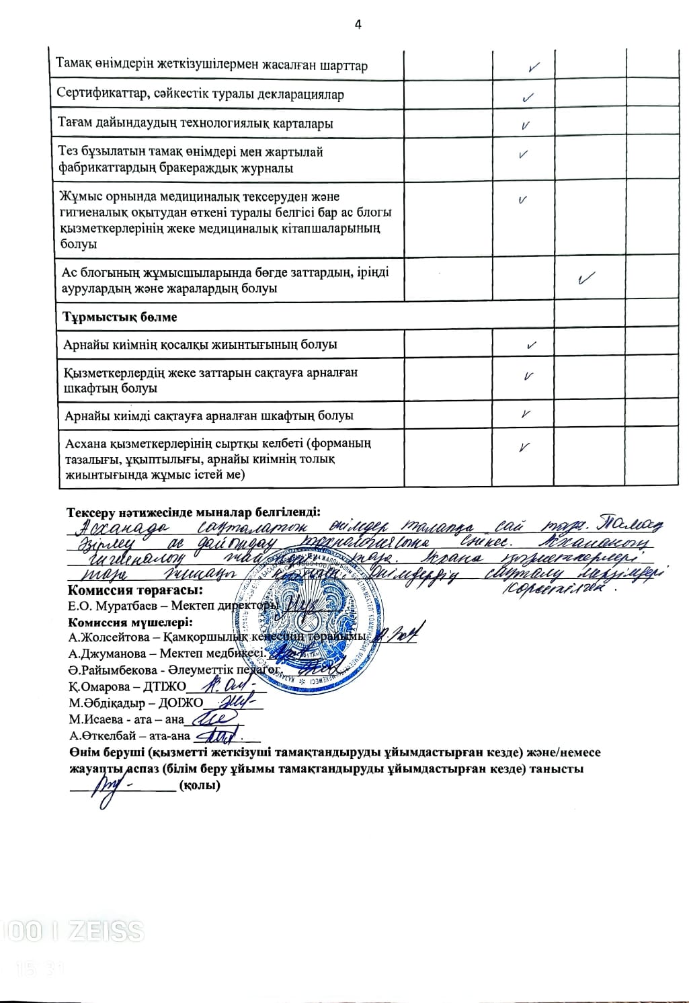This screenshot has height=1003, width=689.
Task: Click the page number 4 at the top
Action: pos(358,25)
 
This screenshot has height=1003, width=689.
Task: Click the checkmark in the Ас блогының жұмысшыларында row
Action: pos(587,278)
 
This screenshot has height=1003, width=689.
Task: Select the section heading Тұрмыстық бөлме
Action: pos(120,316)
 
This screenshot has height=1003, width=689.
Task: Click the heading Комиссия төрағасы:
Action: pos(135,590)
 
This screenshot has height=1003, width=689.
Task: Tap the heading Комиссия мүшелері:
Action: pos(130,622)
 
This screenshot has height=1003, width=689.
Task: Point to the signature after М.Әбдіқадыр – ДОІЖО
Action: pos(232,702)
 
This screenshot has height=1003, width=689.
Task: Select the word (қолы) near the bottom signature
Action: pos(200,785)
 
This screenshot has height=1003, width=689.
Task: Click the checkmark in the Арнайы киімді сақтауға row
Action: pos(527,413)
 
